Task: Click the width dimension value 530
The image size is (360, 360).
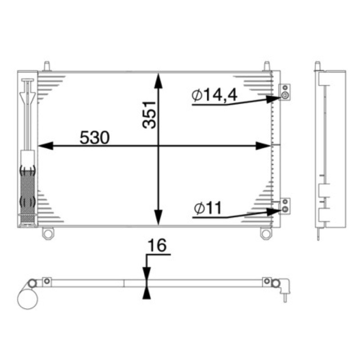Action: click(x=94, y=138)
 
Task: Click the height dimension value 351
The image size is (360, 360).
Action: click(x=149, y=115)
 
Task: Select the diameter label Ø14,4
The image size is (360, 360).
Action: click(x=215, y=95)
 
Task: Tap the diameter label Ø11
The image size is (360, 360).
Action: click(x=207, y=207)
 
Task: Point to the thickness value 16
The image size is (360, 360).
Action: click(x=157, y=245)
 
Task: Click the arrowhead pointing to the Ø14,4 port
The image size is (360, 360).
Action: click(x=274, y=99)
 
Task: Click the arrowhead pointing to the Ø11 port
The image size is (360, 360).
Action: click(x=274, y=211)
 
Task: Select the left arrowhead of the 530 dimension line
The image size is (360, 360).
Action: click(x=45, y=146)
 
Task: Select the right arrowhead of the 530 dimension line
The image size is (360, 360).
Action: click(x=263, y=146)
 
